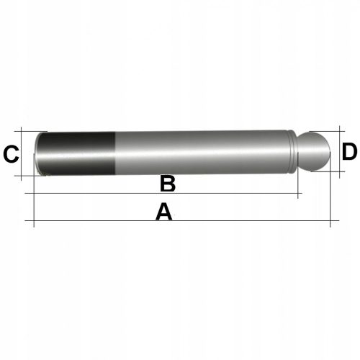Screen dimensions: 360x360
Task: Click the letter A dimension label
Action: point(164,212)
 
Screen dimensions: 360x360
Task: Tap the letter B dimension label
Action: point(167,184)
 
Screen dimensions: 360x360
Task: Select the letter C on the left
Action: point(11,154)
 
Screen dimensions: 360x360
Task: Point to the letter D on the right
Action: point(349,152)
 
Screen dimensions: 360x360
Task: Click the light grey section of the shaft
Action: point(202,153)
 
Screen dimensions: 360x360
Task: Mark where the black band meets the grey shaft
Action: point(116,153)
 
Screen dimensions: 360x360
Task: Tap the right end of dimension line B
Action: point(297,194)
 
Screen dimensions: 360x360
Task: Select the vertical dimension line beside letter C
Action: point(24,153)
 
